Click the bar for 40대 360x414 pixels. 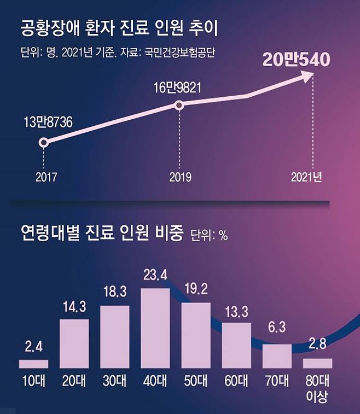pos(155,328)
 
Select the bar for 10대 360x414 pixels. pos(33,364)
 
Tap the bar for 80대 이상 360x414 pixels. pos(317,363)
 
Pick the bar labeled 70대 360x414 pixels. pos(277,356)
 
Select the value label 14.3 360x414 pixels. pos(74,307)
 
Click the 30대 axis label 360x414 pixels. pos(114,381)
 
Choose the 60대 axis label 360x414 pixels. pos(236,381)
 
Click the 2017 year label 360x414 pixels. pos(46,177)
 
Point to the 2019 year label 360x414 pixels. pos(180,177)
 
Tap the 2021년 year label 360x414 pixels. pos(307,177)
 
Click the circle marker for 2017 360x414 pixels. pos(44,143)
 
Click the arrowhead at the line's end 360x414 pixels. pos(306,77)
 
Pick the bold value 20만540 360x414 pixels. pos(296,60)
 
